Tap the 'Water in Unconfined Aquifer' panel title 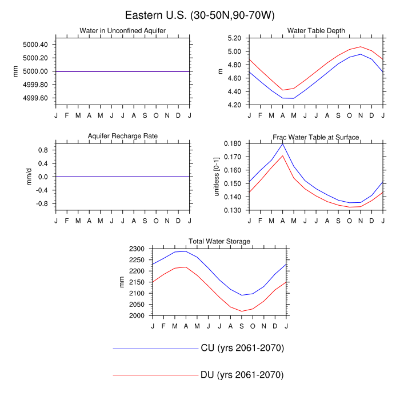pos(123,30)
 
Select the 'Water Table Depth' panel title pos(316,30)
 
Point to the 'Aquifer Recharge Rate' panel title pos(123,136)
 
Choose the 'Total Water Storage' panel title pos(219,242)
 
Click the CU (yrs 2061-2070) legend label pos(242,348)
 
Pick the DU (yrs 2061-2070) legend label pos(242,375)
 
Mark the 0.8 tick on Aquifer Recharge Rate pos(42,150)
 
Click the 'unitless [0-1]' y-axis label pos(217,177)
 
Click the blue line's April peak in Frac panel pos(282,143)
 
